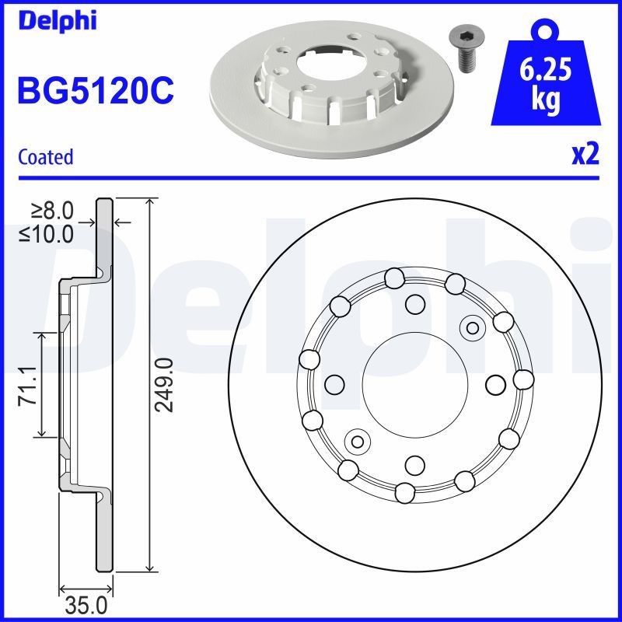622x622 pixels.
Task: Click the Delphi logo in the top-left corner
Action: point(56,21)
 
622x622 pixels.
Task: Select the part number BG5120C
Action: point(95,92)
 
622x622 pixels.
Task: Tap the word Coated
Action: point(45,156)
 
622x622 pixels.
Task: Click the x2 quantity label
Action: point(585,155)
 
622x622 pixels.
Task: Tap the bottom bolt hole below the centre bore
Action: point(414,465)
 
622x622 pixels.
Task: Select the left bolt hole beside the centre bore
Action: point(334,383)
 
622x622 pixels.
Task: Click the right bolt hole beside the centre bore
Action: point(495,383)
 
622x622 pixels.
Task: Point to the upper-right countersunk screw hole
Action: point(470,327)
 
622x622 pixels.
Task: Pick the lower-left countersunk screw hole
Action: point(358,441)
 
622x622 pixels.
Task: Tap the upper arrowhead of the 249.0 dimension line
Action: point(149,204)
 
